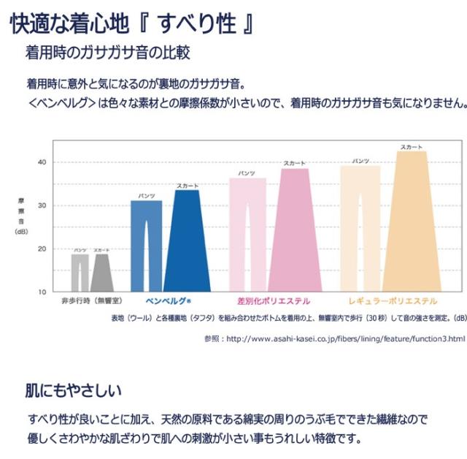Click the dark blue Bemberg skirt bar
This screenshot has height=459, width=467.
point(187,241)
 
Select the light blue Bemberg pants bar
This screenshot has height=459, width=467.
point(146,246)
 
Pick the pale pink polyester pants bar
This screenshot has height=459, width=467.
point(248,234)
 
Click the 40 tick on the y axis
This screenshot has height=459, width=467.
point(42,162)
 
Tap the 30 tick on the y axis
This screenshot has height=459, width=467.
point(42,205)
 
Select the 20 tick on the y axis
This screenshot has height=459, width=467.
point(42,249)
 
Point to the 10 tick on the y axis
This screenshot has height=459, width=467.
point(42,292)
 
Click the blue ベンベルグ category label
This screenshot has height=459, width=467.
point(168,301)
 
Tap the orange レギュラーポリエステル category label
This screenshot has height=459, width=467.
point(393,301)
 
